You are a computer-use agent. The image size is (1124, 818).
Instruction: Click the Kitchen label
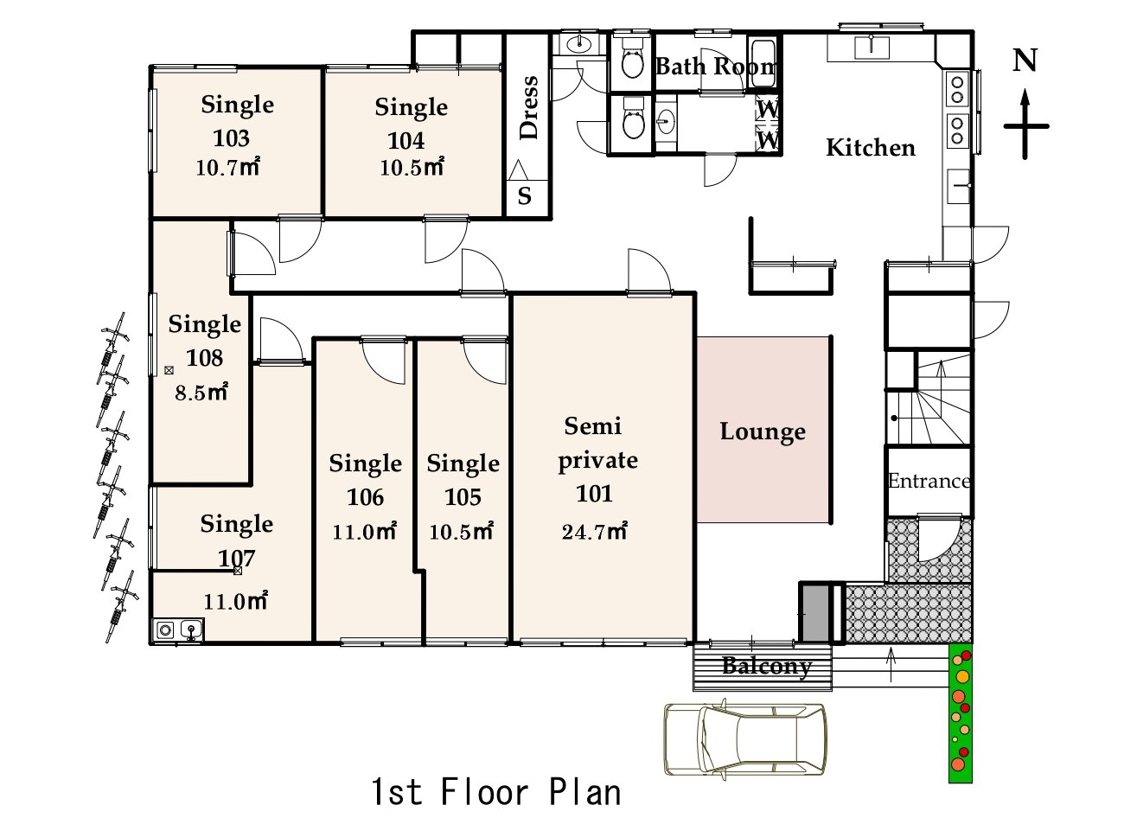tap(870, 148)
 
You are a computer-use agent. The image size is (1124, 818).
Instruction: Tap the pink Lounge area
tap(763, 430)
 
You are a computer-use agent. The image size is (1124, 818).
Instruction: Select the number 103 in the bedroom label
tap(231, 138)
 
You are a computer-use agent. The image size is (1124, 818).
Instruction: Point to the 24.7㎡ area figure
tap(595, 532)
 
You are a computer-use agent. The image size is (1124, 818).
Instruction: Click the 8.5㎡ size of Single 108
tap(201, 393)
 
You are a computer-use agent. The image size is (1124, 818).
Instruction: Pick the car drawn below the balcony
tap(744, 738)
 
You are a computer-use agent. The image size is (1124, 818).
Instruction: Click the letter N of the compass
tap(1025, 61)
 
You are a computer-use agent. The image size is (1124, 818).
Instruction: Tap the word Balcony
tap(767, 666)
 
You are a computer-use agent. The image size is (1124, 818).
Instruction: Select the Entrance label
tap(929, 481)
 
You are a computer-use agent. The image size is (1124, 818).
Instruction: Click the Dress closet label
tap(529, 107)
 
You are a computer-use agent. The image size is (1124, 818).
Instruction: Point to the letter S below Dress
tap(524, 195)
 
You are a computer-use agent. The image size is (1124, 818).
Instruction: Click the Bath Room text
tap(716, 67)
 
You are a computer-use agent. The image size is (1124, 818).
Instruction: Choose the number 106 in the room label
tap(365, 497)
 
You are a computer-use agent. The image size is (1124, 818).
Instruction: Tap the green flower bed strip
tap(960, 713)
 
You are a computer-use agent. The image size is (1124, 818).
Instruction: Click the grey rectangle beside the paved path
tap(814, 613)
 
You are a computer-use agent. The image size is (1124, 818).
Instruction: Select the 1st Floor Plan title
tap(495, 792)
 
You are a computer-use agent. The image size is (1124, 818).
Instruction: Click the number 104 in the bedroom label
tap(406, 141)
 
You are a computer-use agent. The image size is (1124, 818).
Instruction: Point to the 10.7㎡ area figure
tap(227, 167)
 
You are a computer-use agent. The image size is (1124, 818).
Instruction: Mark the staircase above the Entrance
tap(929, 398)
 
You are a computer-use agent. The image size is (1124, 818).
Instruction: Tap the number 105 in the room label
tap(463, 497)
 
